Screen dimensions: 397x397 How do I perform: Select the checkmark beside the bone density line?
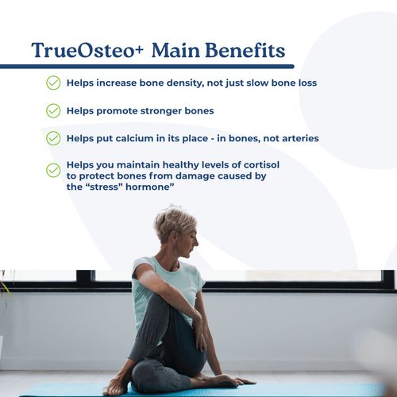(53, 83)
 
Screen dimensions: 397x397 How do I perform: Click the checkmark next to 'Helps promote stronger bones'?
(53, 110)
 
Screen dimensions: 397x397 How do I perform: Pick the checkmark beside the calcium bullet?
(53, 138)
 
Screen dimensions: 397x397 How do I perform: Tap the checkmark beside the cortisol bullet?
(53, 169)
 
